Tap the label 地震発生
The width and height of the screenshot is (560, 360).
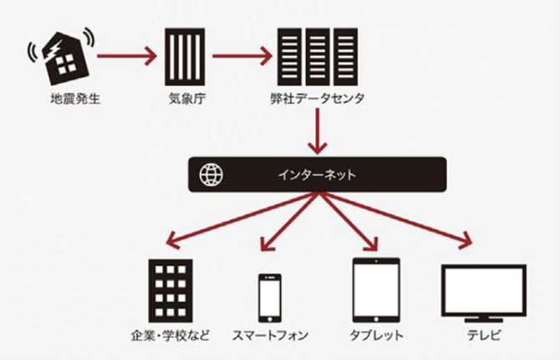point(75,99)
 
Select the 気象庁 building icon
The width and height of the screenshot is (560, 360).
point(185,57)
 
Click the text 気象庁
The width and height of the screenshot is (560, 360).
point(187,99)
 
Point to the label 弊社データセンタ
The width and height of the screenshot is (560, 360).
point(317,99)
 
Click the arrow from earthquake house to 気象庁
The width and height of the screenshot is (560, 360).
point(127,56)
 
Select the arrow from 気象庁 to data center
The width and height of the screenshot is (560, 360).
point(242,56)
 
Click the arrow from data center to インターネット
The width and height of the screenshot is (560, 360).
point(317,131)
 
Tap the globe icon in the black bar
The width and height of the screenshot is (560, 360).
point(211,175)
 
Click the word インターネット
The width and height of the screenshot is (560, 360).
point(317,175)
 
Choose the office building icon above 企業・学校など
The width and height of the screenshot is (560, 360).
point(171,291)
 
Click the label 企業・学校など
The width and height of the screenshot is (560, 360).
point(170,336)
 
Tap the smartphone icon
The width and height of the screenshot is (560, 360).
point(270,298)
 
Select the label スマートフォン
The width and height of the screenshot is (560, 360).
point(270,336)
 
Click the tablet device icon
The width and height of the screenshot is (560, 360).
point(376,290)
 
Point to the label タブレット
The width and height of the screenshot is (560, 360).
point(376,336)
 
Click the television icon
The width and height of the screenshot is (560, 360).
point(484,293)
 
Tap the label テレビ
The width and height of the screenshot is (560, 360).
point(484,336)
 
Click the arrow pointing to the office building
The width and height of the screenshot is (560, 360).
point(242,220)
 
